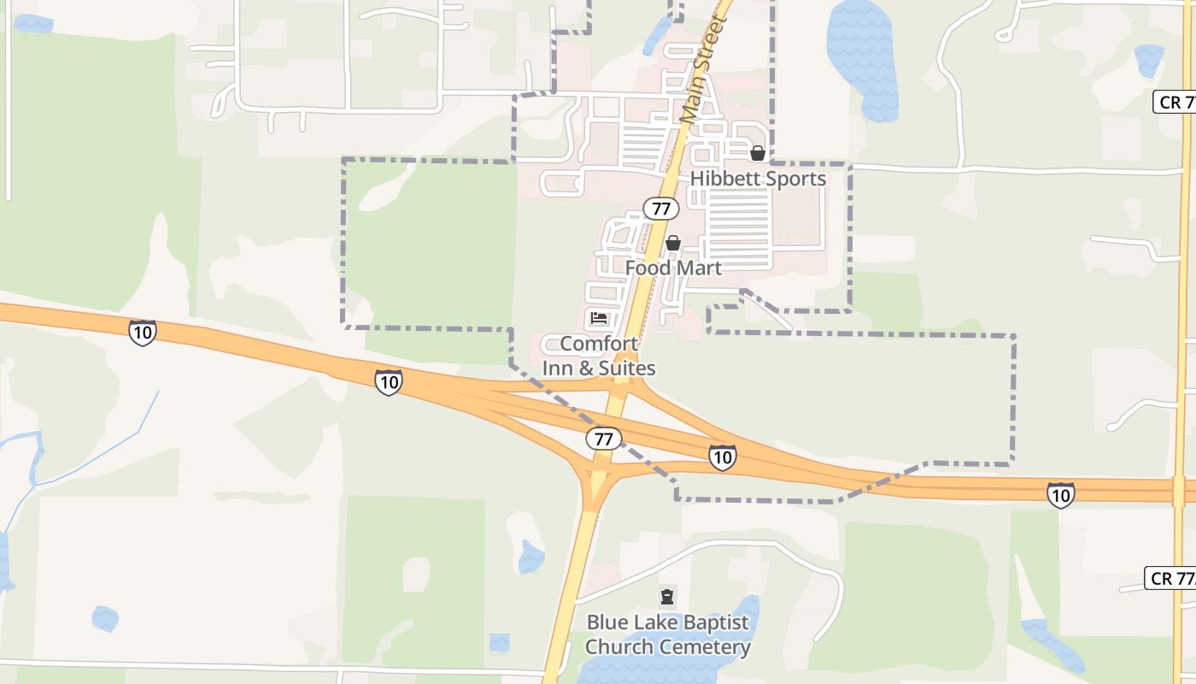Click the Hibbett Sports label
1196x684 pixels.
tap(758, 179)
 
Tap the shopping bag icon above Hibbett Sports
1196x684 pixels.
tap(757, 153)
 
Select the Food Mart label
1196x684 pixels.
tap(673, 268)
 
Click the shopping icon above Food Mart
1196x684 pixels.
tap(673, 243)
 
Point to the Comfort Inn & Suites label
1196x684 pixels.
tap(599, 356)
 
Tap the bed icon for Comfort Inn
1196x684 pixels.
tap(599, 319)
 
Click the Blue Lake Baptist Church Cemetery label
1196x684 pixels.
tap(667, 634)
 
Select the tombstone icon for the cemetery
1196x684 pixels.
tap(667, 597)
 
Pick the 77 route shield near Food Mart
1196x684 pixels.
tap(660, 209)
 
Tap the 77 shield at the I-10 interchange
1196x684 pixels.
tap(603, 439)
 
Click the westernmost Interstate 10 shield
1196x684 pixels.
tap(143, 332)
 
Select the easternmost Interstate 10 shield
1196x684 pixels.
tap(1060, 494)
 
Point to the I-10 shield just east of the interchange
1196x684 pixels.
tap(722, 457)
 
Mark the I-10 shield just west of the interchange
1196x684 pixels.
tap(389, 381)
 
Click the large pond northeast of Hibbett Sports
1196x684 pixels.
tap(863, 60)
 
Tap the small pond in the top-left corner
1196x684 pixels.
tap(32, 24)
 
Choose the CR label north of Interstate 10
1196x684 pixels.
tap(1175, 102)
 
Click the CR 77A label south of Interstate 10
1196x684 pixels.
tap(1171, 578)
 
